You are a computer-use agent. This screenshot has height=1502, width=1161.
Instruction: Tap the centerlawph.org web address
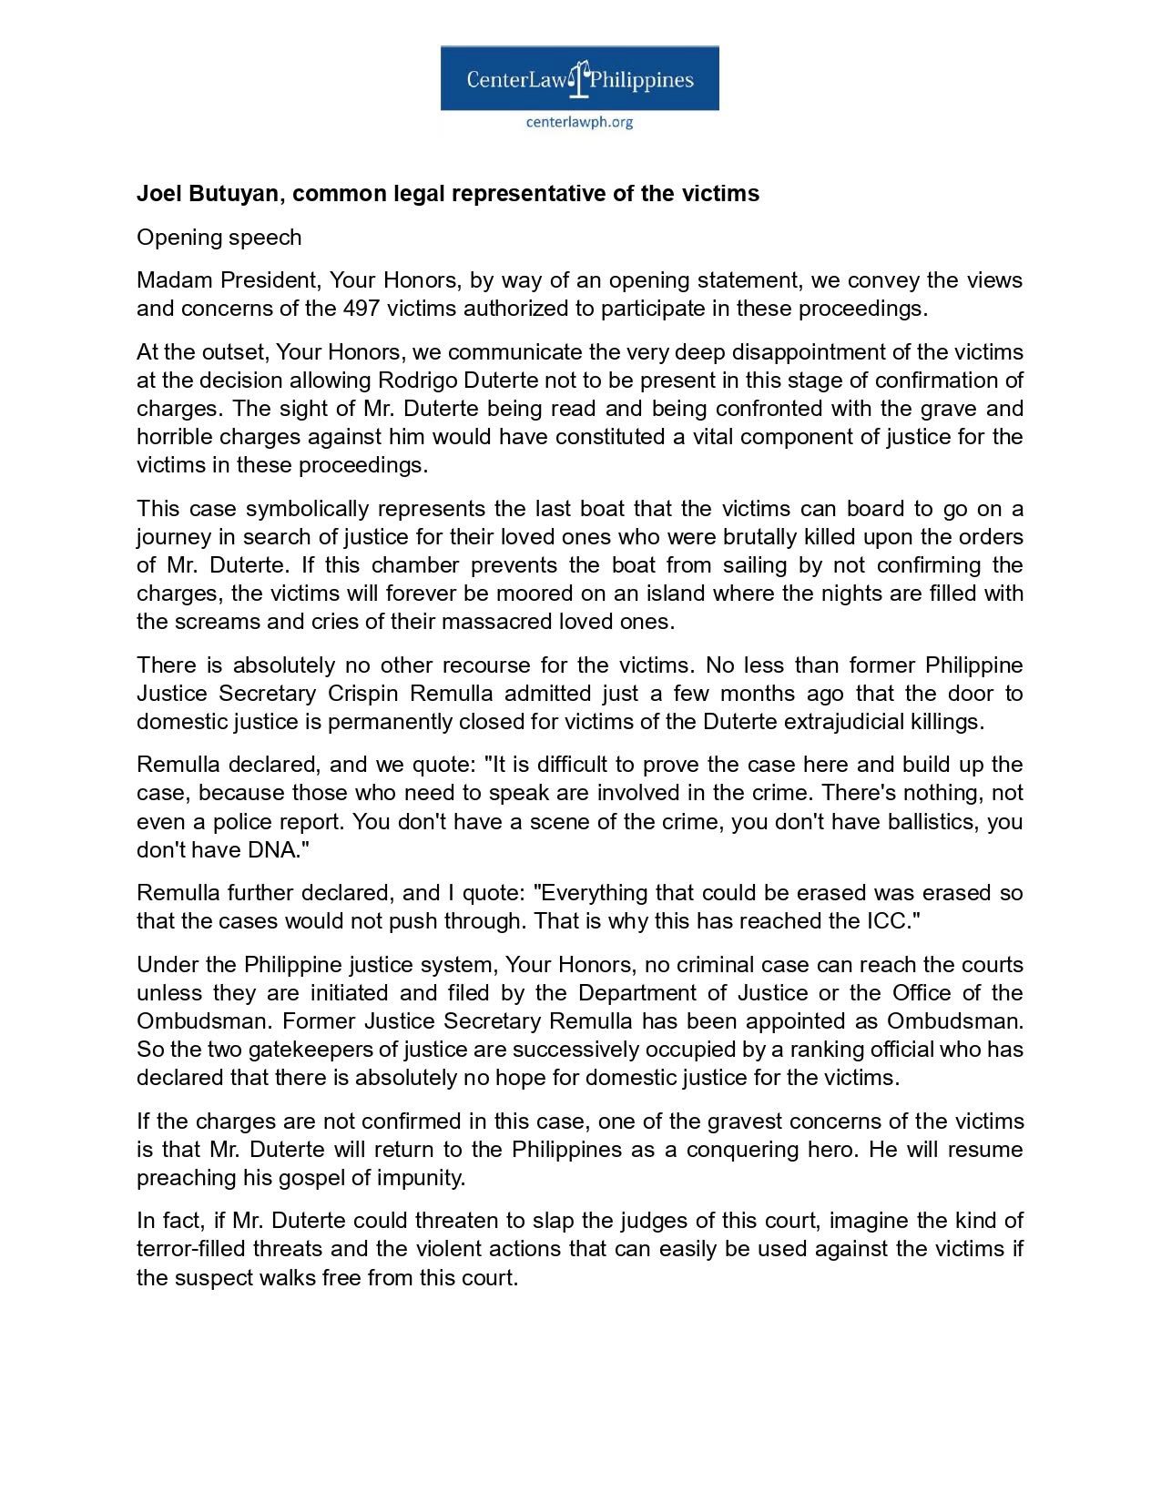tap(579, 121)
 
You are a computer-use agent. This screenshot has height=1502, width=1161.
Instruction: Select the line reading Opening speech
tap(219, 238)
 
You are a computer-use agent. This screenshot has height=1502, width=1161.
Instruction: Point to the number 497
tap(362, 309)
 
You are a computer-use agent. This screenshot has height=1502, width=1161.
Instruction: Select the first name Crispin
tap(362, 694)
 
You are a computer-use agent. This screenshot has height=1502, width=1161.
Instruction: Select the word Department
tap(633, 993)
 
